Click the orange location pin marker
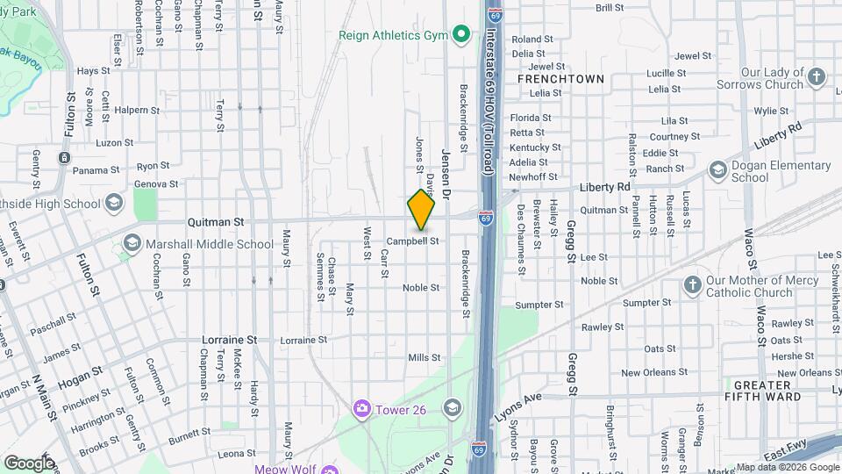click(421, 209)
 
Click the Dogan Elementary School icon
click(717, 169)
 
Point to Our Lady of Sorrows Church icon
click(817, 77)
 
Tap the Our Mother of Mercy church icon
click(694, 285)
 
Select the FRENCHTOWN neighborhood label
click(560, 79)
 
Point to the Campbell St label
click(412, 240)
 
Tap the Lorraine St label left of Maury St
click(229, 339)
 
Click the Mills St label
click(424, 357)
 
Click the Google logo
click(28, 462)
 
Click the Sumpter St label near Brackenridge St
click(539, 305)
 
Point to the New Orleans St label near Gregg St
click(653, 372)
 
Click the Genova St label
click(156, 184)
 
